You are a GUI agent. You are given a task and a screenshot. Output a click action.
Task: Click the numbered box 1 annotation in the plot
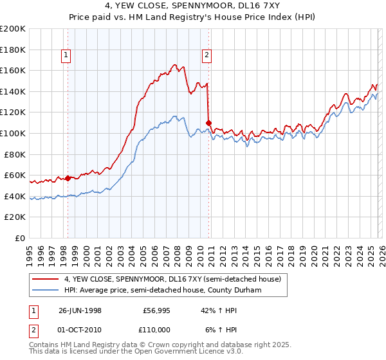point(67,56)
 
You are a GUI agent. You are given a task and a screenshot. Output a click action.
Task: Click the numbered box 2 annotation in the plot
point(207,56)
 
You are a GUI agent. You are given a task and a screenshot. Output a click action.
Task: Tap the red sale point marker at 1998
point(68,178)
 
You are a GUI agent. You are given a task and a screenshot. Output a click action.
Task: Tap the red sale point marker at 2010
point(208,122)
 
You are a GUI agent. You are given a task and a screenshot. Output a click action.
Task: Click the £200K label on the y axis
point(14,28)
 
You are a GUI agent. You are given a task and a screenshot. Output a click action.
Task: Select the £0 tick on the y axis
point(21,238)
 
